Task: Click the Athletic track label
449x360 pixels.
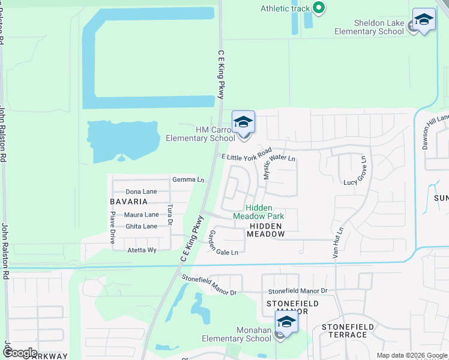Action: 285,8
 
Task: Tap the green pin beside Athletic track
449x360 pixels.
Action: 319,8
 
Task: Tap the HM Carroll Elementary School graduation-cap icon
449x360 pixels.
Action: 243,122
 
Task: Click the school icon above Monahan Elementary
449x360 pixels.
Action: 286,322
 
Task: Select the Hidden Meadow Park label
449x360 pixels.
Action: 258,212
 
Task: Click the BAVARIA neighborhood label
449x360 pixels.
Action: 128,202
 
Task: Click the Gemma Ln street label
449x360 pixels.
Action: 188,179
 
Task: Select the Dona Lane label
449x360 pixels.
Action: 141,191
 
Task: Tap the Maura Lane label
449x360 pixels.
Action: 142,215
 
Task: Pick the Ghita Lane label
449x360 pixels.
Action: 141,226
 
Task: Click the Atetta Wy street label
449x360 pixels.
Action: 142,250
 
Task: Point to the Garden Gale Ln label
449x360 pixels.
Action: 223,243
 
